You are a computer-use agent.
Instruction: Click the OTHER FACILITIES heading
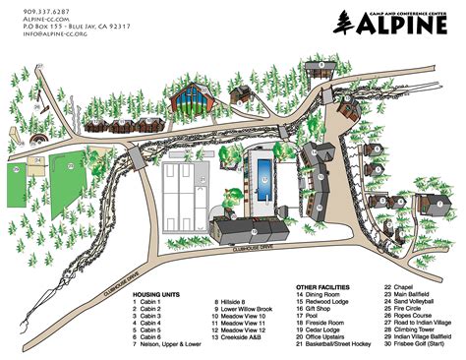325,286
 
